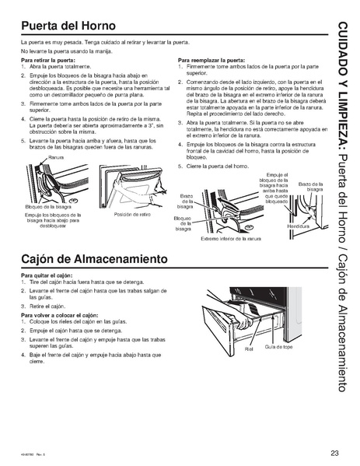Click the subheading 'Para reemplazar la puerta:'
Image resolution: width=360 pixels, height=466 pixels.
tap(211, 59)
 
